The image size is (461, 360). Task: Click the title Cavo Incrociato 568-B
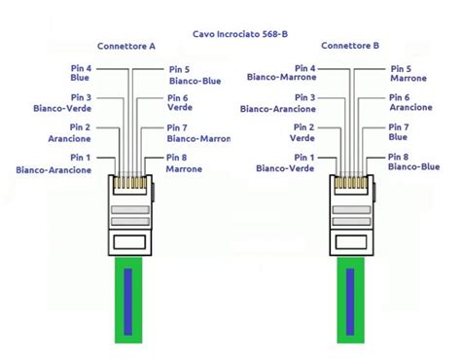click(240, 32)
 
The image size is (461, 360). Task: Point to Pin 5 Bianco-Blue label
click(187, 75)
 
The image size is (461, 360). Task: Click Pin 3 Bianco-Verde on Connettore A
click(64, 103)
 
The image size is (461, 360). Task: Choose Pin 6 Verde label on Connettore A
click(179, 104)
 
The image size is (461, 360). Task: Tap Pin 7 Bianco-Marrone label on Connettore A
click(198, 133)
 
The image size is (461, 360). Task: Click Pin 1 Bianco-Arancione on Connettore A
click(55, 163)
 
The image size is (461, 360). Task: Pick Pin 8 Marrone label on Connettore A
click(184, 163)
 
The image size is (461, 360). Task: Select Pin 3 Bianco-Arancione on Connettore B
click(282, 103)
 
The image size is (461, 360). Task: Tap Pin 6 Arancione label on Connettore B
click(410, 103)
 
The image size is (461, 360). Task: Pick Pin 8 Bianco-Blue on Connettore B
click(413, 163)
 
